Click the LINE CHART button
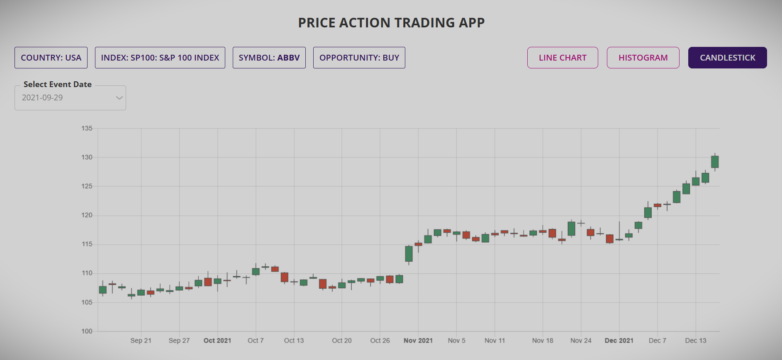click(563, 58)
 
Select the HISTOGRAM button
click(643, 58)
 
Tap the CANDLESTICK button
click(727, 58)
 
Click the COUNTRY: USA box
click(51, 58)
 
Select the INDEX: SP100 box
click(160, 58)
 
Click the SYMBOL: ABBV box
click(269, 58)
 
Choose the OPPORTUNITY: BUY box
click(359, 58)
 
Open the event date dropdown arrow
click(119, 98)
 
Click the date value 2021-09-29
click(42, 98)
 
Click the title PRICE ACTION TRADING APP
click(391, 23)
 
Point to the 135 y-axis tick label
click(87, 129)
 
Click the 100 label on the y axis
click(87, 331)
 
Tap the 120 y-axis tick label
click(87, 215)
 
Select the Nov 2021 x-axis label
click(418, 341)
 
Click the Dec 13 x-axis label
click(695, 341)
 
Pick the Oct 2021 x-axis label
click(217, 341)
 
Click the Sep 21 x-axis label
click(141, 341)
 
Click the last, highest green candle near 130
click(715, 162)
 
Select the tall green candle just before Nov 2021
click(409, 254)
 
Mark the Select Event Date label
click(57, 85)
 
